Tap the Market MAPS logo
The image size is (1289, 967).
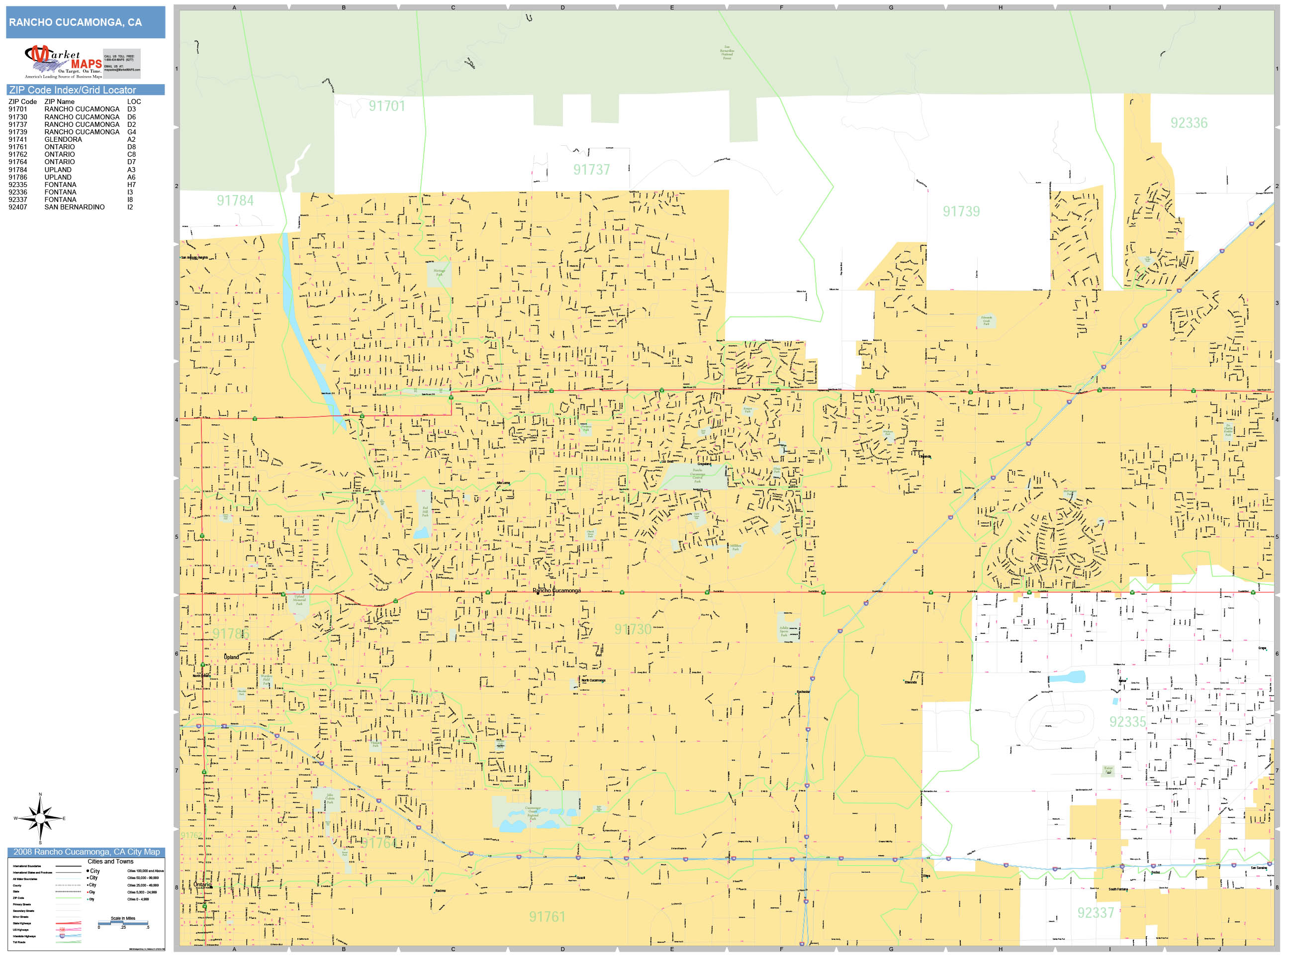click(x=64, y=62)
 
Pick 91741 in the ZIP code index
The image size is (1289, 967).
click(x=17, y=139)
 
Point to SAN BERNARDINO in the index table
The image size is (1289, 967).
click(x=75, y=207)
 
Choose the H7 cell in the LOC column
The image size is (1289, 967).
click(x=131, y=185)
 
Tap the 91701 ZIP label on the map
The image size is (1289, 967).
click(x=386, y=106)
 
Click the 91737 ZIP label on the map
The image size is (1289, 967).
click(x=591, y=170)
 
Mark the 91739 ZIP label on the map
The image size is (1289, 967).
click(x=961, y=211)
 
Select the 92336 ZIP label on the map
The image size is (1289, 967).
click(x=1189, y=123)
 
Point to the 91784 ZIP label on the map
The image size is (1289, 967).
click(x=235, y=200)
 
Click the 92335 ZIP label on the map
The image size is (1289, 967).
click(x=1127, y=722)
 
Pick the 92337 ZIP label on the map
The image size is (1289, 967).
click(x=1095, y=913)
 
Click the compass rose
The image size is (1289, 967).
click(x=40, y=818)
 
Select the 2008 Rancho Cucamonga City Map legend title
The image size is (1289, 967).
click(x=86, y=852)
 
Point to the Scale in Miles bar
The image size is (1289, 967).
click(x=123, y=923)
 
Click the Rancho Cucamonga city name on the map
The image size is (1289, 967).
click(x=556, y=590)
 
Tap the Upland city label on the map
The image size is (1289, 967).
click(x=231, y=657)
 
